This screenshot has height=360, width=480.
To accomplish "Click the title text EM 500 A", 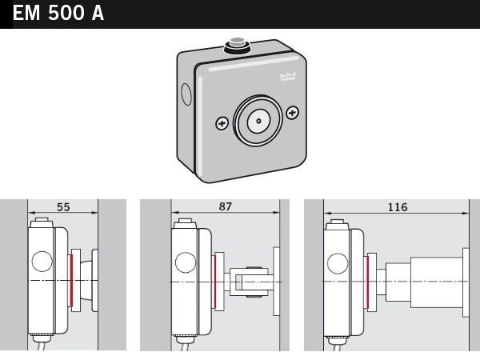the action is tap(58, 14).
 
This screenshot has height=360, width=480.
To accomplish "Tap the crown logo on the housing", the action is tap(288, 76).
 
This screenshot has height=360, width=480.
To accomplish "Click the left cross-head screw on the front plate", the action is tap(222, 124).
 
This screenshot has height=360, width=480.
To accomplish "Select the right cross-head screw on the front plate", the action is tap(292, 113).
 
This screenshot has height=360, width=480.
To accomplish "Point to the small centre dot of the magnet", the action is tap(258, 122).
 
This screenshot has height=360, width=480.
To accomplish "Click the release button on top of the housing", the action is tap(238, 45).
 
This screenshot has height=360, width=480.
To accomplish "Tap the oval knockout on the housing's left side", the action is tap(186, 94).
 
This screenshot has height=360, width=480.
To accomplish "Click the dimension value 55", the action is tap(63, 207).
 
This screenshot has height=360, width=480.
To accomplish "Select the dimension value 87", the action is tap(226, 206).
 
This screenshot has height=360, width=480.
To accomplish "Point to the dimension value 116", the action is tap(398, 207).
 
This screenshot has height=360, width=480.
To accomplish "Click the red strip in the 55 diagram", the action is tap(71, 280).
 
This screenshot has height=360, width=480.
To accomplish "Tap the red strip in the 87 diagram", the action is tap(215, 282).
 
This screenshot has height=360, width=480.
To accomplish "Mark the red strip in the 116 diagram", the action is tap(367, 282).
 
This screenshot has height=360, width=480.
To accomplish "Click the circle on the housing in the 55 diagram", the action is tap(42, 261).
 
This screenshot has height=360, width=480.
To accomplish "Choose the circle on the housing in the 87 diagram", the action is tap(186, 262).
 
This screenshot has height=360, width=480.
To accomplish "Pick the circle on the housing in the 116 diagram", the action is tap(338, 263).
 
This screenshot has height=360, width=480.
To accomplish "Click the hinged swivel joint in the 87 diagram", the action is tap(249, 282).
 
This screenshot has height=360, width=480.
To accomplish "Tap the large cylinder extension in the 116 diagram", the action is tap(437, 282).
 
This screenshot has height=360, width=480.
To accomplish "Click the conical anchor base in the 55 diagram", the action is tap(86, 280).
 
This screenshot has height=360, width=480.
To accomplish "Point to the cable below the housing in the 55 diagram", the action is tap(41, 344).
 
